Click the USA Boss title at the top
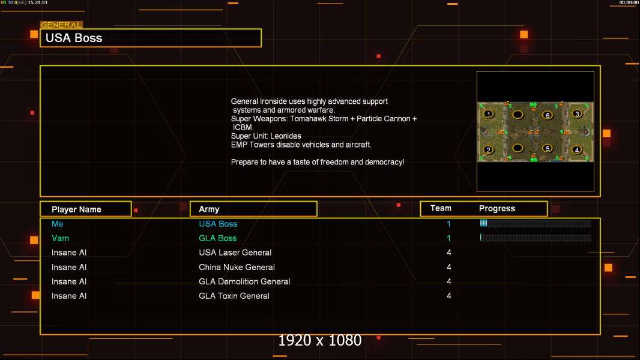click(74, 38)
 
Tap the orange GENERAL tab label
click(61, 25)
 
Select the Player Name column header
click(76, 209)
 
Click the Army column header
click(209, 209)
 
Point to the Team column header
click(441, 208)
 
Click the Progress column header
click(497, 209)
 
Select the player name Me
click(58, 224)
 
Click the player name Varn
click(60, 238)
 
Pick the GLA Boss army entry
click(218, 238)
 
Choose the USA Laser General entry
click(235, 253)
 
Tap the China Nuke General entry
click(237, 267)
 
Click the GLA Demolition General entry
click(244, 281)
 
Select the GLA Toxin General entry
click(234, 296)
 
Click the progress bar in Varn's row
click(536, 238)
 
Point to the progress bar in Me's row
click(536, 224)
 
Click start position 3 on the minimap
click(578, 113)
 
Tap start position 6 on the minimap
click(547, 115)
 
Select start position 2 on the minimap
click(489, 150)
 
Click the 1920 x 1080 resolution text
click(320, 341)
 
